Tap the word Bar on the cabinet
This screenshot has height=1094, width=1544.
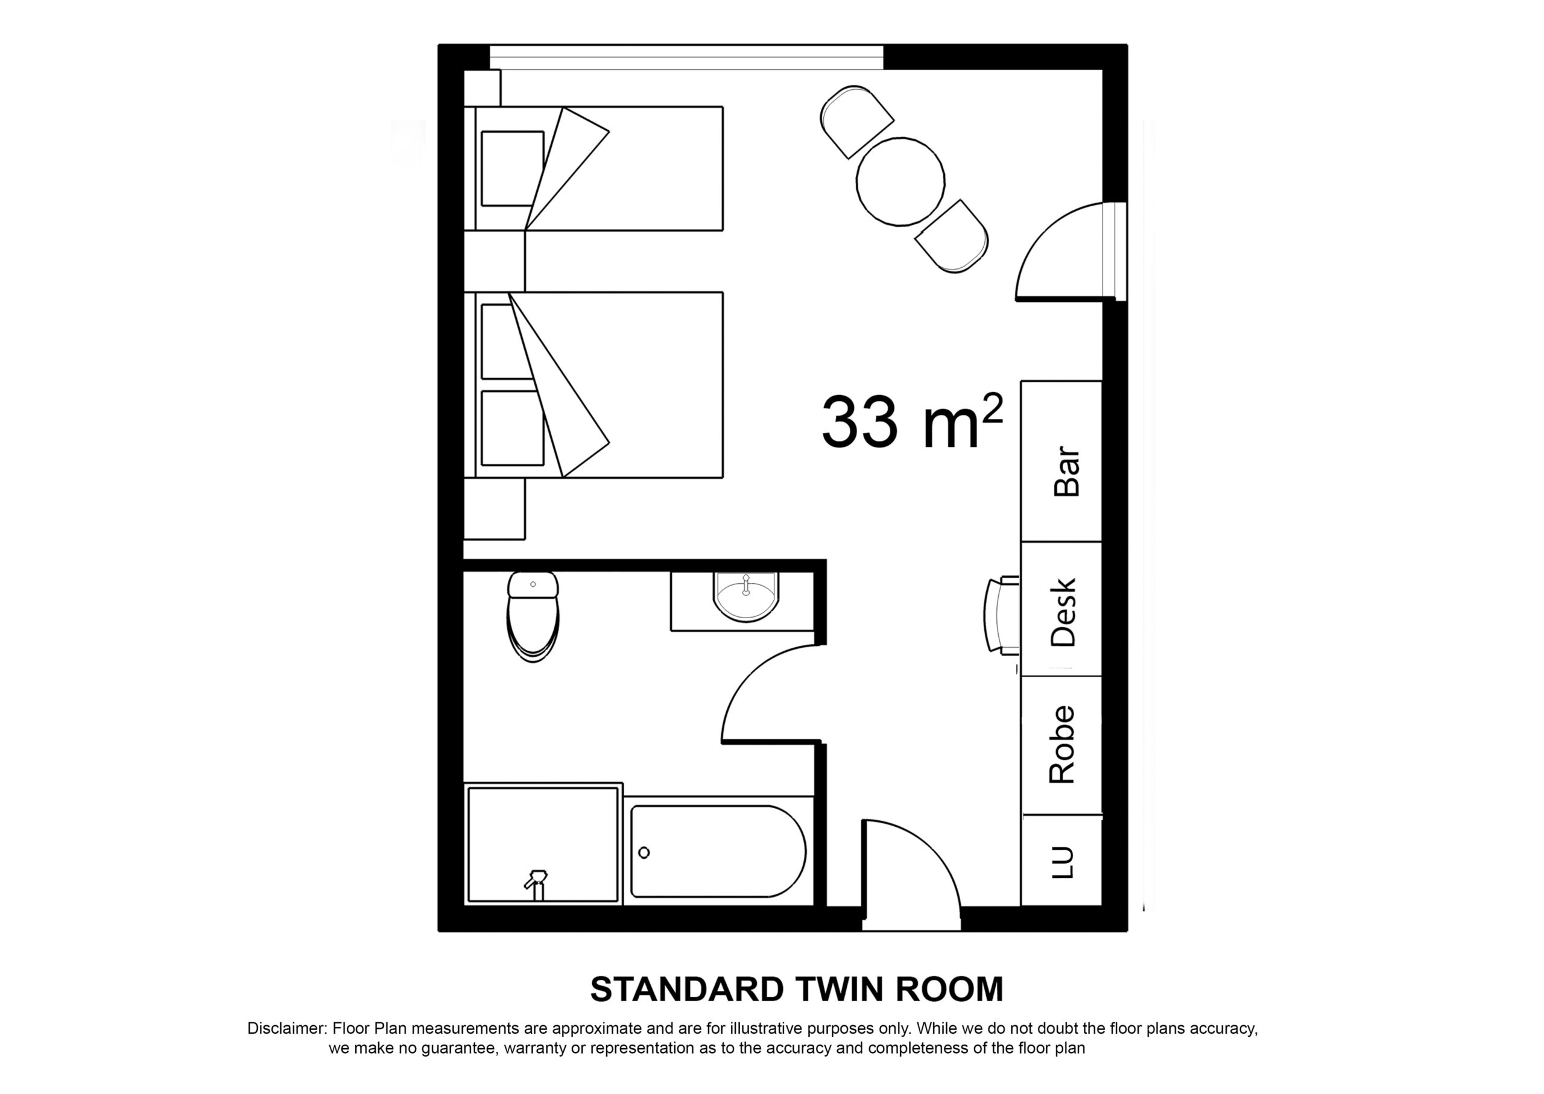(1066, 471)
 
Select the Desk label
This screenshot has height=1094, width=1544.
(1064, 612)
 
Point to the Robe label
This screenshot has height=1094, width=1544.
(1062, 744)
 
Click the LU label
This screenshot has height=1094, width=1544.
(1062, 862)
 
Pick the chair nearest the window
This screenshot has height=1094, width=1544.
(854, 120)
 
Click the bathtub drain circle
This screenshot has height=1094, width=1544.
(644, 853)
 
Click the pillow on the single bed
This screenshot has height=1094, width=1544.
(512, 168)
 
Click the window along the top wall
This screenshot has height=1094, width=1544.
(686, 57)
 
